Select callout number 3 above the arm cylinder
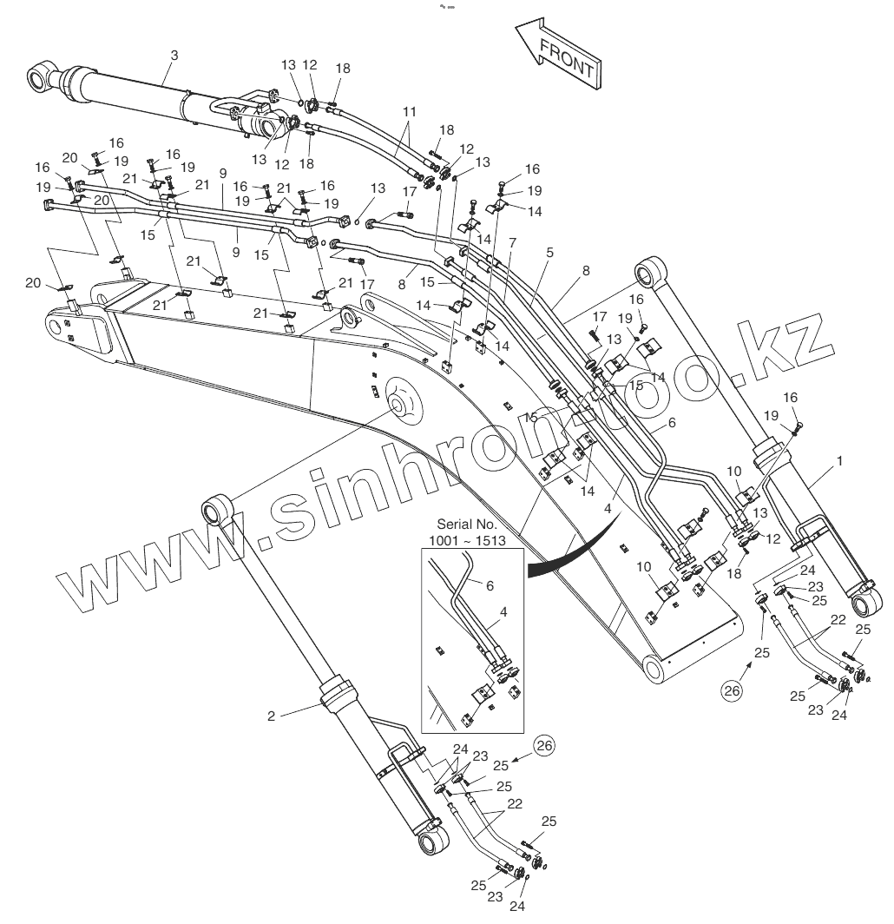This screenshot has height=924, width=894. (x=174, y=56)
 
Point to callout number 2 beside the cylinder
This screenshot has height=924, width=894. (x=271, y=716)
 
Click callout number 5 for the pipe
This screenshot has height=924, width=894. (x=549, y=252)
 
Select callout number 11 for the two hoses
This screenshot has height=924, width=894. (x=410, y=112)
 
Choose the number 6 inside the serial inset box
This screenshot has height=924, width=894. (x=490, y=586)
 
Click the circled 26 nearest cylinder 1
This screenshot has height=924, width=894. (x=733, y=691)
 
